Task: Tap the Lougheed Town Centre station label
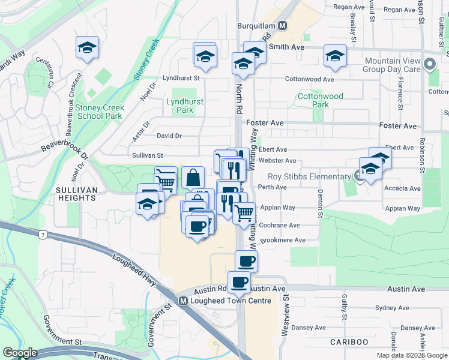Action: click(226, 301)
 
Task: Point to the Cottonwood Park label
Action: click(321, 100)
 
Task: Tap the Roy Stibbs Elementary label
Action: click(309, 176)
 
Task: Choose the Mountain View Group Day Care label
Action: click(392, 65)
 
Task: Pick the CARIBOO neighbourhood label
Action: click(349, 341)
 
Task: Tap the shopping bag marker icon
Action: click(193, 177)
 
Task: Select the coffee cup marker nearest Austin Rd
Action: click(240, 281)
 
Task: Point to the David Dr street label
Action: click(169, 136)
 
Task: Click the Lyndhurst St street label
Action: click(181, 78)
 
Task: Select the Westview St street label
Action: click(286, 307)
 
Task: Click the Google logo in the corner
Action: click(20, 353)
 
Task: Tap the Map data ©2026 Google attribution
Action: click(412, 355)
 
